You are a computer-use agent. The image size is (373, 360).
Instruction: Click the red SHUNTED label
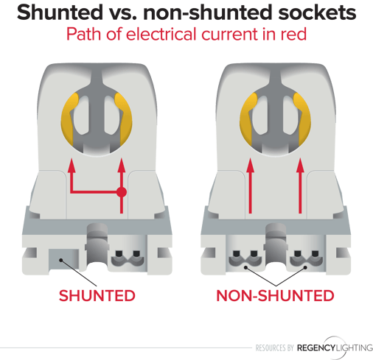(97, 295)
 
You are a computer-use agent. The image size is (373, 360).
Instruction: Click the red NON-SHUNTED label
(275, 295)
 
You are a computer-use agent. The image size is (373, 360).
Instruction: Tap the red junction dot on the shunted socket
(122, 192)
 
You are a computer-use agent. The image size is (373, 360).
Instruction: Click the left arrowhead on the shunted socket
(72, 166)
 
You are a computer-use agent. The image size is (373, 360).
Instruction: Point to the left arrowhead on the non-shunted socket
(250, 166)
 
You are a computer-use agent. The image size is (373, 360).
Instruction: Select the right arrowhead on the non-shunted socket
(300, 166)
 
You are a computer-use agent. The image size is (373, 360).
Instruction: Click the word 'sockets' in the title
(317, 13)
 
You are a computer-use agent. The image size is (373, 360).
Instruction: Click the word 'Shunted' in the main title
(60, 13)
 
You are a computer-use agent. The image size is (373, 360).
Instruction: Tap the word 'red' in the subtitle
(293, 34)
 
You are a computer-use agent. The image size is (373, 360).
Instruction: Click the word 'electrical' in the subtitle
(162, 34)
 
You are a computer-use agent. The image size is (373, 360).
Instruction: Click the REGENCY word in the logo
(316, 347)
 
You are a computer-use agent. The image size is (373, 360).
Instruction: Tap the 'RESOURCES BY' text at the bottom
(275, 347)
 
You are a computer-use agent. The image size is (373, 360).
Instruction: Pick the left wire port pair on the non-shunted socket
(245, 259)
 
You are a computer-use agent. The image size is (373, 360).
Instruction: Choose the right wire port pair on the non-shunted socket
(307, 259)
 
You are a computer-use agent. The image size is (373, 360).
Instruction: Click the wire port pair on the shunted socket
(128, 259)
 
